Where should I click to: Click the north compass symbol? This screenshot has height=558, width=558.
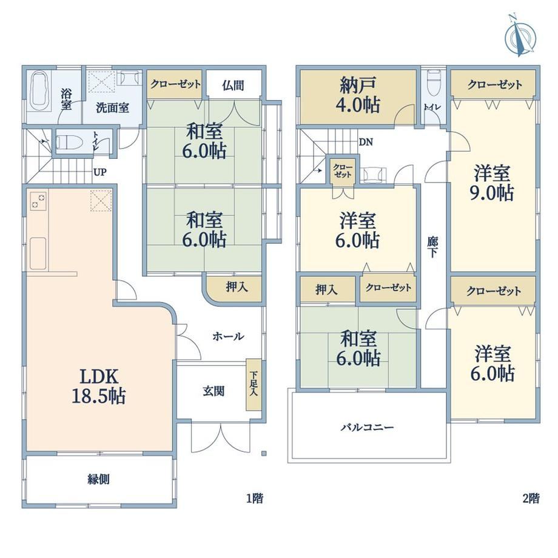coord(520,36)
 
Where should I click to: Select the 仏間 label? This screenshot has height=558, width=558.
coord(233,86)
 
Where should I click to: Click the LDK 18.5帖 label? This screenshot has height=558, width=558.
coord(98,386)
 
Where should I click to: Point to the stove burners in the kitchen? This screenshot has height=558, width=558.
coord(38,201)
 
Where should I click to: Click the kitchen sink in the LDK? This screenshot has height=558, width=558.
coord(38,254)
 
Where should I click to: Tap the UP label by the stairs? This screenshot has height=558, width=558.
coord(99,172)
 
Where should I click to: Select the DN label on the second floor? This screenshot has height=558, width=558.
coord(366,143)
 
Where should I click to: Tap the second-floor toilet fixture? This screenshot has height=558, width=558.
coord(434,83)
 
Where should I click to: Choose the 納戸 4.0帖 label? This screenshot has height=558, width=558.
coord(358,95)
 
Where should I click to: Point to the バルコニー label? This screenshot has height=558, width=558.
coord(368,426)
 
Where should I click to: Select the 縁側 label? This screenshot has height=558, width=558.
coord(99,479)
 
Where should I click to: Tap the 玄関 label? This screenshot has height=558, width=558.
coord(213,391)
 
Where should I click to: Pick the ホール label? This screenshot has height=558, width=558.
coord(228,336)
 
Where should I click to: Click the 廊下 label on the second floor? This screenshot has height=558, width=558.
coord(432,247)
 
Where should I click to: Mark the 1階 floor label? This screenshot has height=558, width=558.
coord(255,498)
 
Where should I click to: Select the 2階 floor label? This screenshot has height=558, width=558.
coord(531,498)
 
